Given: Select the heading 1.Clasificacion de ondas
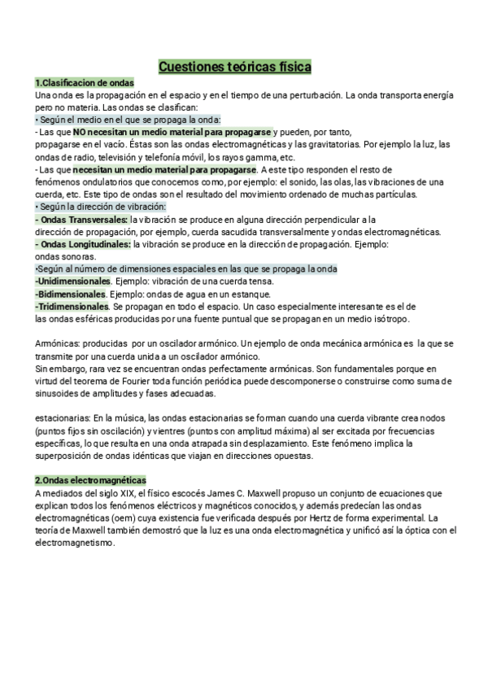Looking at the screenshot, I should click(85, 84).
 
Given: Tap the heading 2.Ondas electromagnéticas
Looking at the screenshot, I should click(90, 482).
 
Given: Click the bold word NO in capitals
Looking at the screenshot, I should click(80, 131).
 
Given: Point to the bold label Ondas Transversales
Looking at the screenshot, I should click(83, 220).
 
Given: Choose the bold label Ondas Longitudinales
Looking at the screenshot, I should click(85, 243).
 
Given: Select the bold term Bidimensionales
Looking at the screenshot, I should click(71, 294).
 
